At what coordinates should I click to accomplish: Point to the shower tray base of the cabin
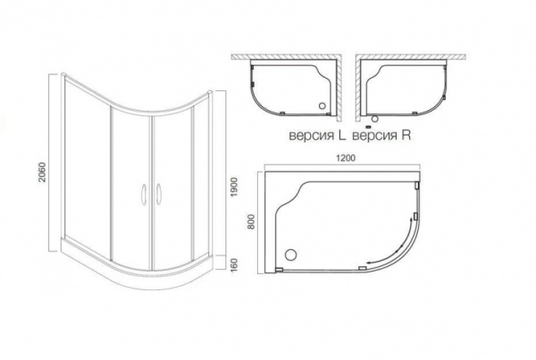[143, 264]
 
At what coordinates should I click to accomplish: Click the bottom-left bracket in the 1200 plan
[279, 265]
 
